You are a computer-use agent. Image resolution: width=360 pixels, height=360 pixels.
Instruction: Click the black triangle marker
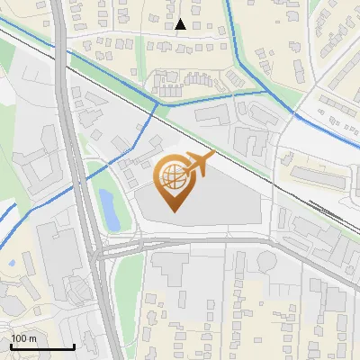pyautogui.click(x=181, y=24)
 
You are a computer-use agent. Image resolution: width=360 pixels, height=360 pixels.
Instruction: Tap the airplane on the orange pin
pyautogui.click(x=199, y=164)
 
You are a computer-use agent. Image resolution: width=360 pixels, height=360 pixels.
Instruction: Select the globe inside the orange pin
pyautogui.click(x=172, y=179)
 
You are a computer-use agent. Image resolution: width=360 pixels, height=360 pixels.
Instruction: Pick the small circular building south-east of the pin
pyautogui.click(x=267, y=261)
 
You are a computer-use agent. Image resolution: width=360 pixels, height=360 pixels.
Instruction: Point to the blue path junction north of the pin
pyautogui.click(x=158, y=103)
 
